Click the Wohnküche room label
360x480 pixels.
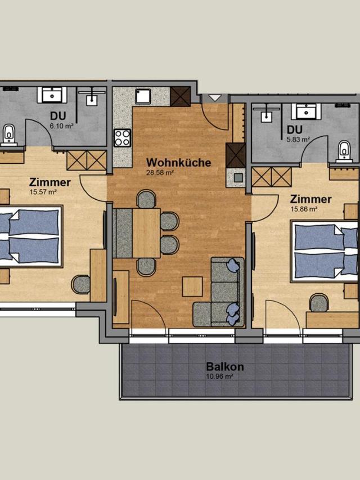tap(178, 162)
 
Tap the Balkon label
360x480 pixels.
tap(224, 366)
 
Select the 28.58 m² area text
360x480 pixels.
tap(160, 173)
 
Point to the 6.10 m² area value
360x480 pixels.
tap(61, 126)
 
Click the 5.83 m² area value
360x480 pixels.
tap(298, 140)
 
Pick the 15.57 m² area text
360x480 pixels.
tap(43, 192)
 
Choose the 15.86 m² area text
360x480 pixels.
tap(303, 209)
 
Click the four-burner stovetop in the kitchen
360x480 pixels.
tap(122, 138)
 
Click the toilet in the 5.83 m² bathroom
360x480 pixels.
tap(344, 151)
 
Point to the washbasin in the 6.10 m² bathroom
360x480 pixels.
tap(52, 95)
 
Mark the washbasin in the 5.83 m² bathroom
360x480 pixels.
tap(306, 111)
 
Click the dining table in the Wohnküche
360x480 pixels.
tap(146, 233)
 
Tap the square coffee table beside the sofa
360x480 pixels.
tap(192, 286)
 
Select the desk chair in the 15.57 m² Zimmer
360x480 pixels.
tap(81, 284)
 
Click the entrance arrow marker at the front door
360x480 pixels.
tap(215, 98)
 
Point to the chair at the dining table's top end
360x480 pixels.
tap(146, 199)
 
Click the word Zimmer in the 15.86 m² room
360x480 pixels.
tap(310, 199)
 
